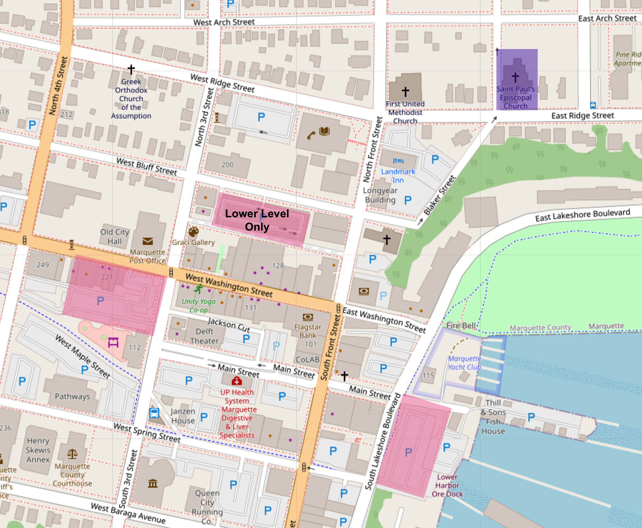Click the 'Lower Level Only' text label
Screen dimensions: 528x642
click(257, 220)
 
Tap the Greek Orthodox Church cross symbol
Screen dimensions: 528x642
click(131, 69)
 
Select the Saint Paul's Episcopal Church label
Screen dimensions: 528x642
click(515, 97)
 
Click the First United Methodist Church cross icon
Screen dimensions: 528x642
click(405, 92)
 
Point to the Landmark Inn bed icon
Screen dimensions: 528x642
click(398, 161)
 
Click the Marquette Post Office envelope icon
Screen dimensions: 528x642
click(148, 241)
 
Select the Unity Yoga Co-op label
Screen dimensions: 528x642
click(199, 306)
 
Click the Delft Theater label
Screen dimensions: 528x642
click(204, 336)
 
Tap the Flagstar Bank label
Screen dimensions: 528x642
click(308, 331)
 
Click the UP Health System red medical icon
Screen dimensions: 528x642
click(237, 381)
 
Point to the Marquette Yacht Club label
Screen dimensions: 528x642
click(464, 363)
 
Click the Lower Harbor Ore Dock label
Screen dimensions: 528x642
click(447, 486)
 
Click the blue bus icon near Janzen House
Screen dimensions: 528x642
click(154, 413)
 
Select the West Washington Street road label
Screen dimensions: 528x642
click(229, 285)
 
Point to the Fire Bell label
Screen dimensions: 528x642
click(461, 325)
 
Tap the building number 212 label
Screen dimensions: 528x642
click(66, 115)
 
